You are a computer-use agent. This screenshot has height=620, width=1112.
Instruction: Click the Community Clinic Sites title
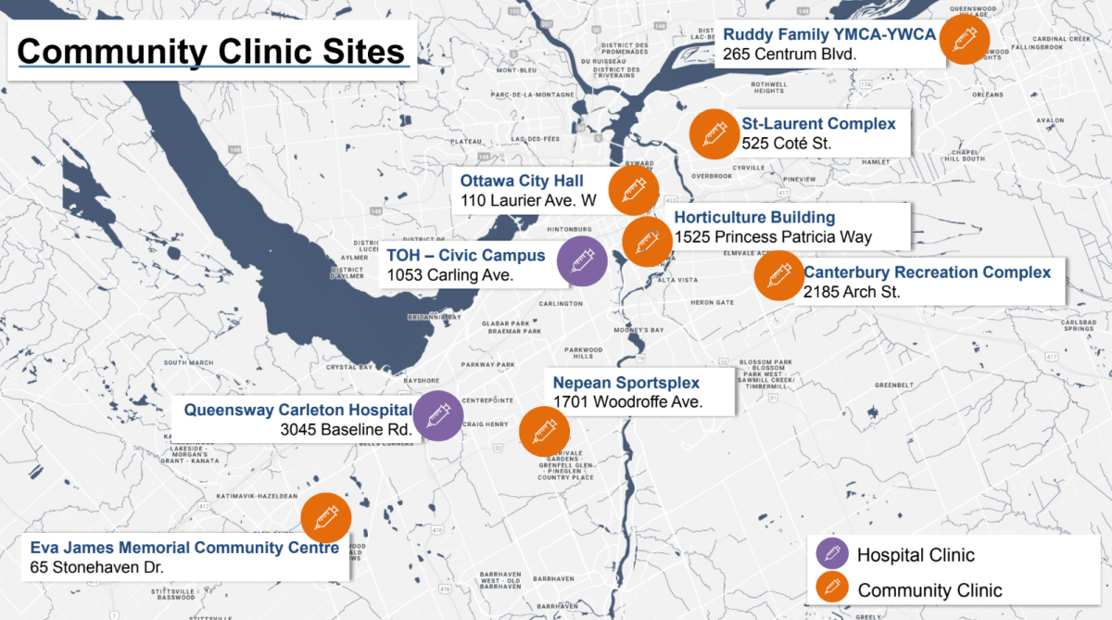click(211, 51)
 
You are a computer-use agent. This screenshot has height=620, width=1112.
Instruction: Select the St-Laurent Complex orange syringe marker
click(714, 134)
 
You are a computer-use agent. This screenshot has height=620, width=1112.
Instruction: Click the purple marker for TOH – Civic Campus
click(582, 260)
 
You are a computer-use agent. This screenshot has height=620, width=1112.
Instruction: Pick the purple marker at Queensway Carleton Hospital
click(437, 416)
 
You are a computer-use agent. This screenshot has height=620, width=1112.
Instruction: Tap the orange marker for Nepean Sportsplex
click(544, 431)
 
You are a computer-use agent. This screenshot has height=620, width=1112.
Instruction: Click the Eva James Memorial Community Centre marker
click(326, 518)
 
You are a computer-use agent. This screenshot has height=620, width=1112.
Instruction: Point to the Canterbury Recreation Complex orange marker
click(778, 275)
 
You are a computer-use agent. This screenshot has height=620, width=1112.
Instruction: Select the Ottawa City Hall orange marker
click(634, 191)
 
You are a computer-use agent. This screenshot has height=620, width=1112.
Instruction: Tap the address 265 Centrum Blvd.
click(790, 55)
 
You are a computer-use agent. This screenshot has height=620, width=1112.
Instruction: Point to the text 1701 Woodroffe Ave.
click(627, 402)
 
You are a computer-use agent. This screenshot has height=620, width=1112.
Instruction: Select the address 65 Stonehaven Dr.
click(102, 566)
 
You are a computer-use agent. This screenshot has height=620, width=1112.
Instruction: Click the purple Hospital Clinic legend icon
click(831, 554)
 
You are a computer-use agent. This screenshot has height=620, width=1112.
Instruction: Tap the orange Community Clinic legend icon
click(831, 589)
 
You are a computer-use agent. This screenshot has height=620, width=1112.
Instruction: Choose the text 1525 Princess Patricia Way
click(773, 237)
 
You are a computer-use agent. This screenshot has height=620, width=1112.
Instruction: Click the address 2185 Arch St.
click(851, 292)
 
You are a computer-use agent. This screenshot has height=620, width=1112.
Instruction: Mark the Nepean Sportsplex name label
click(626, 383)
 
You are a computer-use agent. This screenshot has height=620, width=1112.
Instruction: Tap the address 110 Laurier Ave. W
click(528, 200)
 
